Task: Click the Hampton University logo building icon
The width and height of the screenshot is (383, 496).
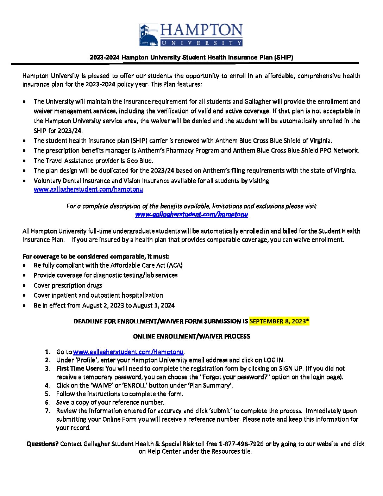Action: pos(149,35)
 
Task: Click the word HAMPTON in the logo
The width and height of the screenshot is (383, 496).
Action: pos(201,31)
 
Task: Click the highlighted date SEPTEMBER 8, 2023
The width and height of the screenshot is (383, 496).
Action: pos(279,321)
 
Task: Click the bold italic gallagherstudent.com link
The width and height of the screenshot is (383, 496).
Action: pos(191,214)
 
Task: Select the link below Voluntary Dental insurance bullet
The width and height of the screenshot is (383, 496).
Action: pos(88,189)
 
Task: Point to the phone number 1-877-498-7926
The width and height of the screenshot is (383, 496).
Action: pos(241,444)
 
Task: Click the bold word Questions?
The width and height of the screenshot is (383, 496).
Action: pos(42,444)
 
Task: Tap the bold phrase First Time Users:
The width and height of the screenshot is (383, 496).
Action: pos(80,368)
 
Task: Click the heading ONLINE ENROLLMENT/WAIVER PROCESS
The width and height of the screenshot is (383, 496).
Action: pos(191,336)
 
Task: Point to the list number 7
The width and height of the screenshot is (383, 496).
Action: pos(47,411)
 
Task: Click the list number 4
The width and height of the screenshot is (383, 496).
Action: pos(47,385)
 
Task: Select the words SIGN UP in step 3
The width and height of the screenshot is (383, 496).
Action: pos(291,368)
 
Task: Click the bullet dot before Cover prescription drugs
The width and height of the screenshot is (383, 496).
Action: pos(24,286)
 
